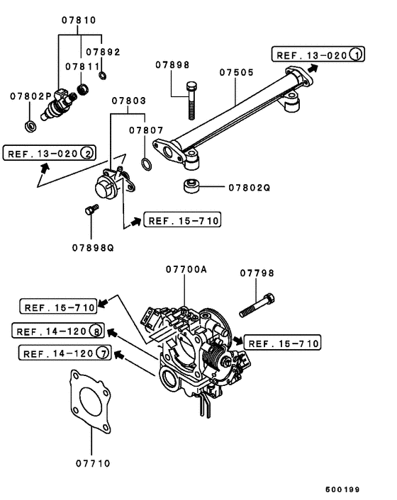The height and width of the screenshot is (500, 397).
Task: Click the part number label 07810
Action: point(79,20)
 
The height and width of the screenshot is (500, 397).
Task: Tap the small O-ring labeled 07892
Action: point(103,76)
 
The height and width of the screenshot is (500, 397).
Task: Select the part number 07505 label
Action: point(237,72)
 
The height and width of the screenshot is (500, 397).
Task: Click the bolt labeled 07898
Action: point(191,101)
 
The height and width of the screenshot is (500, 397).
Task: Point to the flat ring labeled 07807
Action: point(146,164)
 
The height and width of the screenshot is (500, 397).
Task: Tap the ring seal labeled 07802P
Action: point(30,126)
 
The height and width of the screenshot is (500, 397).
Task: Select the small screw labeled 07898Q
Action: point(92,210)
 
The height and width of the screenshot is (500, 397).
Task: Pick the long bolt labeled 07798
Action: point(257,305)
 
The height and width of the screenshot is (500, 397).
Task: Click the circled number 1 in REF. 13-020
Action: point(356,55)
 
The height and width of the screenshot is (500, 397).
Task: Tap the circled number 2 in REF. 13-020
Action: point(87,153)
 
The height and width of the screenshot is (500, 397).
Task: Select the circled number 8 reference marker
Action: point(96,331)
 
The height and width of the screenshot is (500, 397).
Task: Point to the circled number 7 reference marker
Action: point(103,353)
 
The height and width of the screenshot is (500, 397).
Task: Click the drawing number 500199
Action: point(342,489)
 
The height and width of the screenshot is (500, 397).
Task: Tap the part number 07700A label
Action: point(186,269)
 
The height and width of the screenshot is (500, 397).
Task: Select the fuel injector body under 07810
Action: point(59,105)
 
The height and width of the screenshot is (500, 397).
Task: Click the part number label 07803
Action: point(128,101)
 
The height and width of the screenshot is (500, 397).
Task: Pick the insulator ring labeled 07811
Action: point(83,89)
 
